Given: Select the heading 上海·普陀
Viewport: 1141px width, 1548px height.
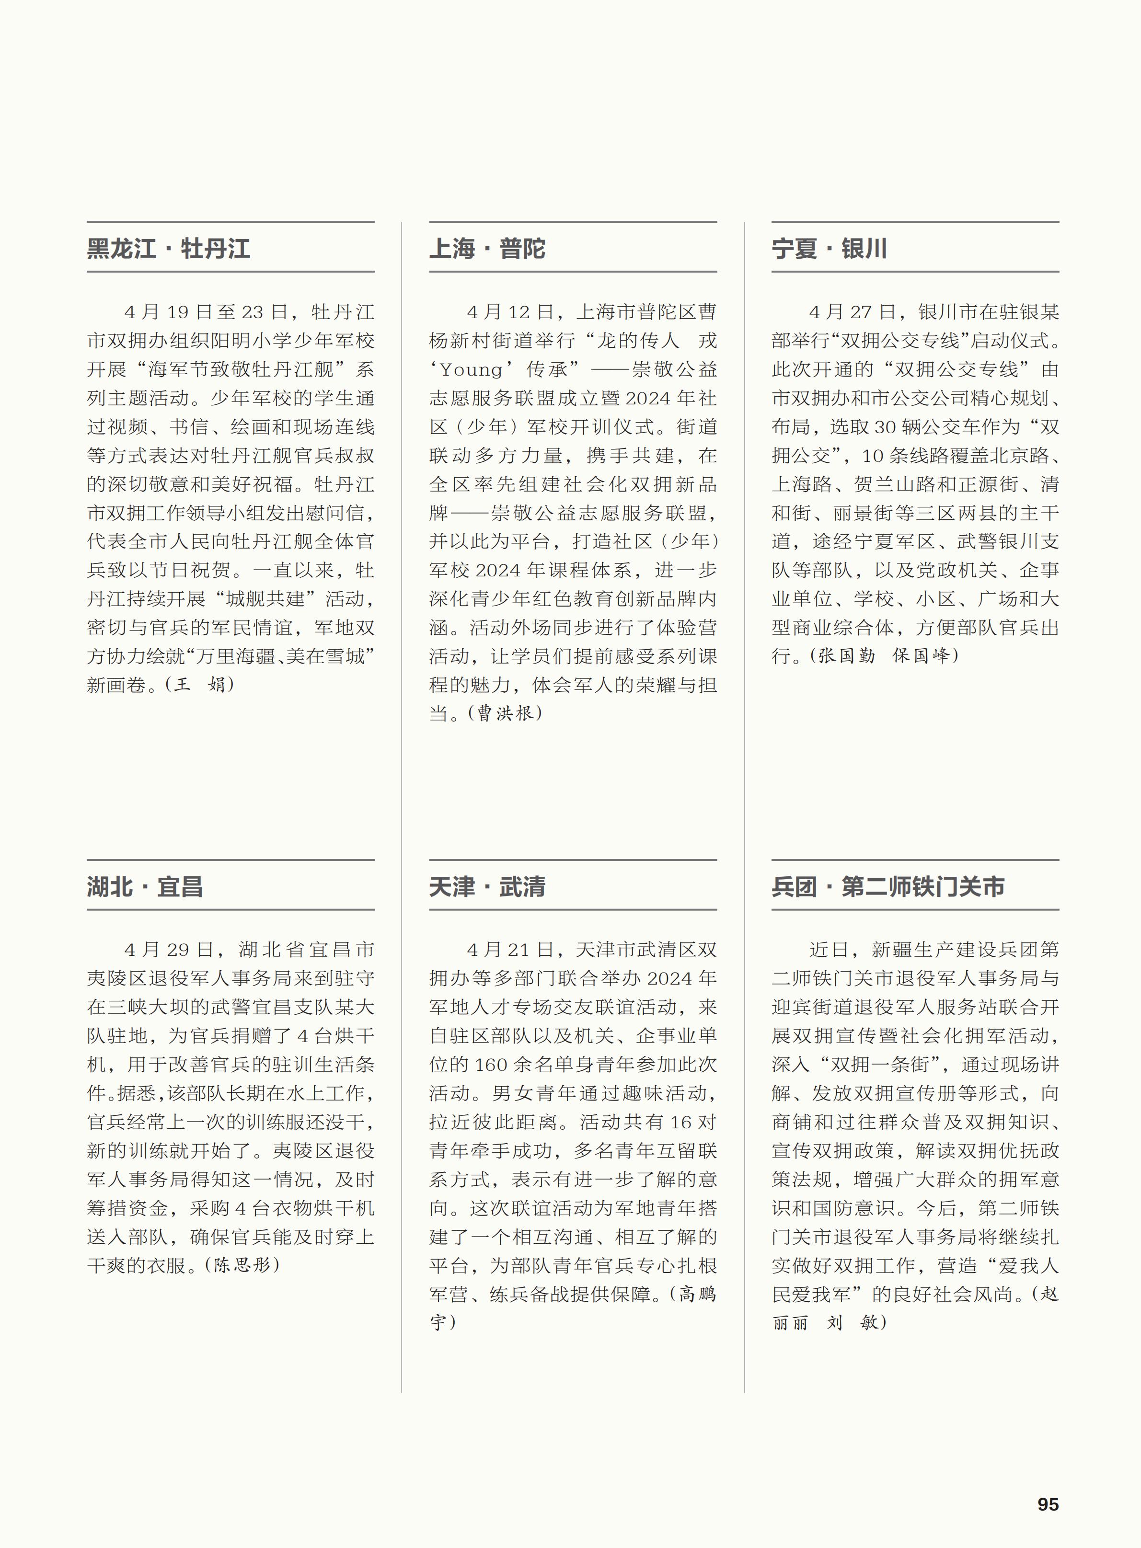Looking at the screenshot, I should coord(487,249).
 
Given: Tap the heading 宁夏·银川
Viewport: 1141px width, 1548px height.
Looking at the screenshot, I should coord(829,249).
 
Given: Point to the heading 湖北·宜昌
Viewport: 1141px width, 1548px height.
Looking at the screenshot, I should coord(144,886).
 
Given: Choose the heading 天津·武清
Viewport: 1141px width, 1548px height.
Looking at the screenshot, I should coord(487,886).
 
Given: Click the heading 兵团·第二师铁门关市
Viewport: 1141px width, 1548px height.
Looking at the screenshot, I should coord(887,886).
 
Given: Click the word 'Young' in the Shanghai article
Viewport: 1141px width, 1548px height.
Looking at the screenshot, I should coord(472,370).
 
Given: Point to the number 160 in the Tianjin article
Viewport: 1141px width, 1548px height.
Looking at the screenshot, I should coord(492,1065).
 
